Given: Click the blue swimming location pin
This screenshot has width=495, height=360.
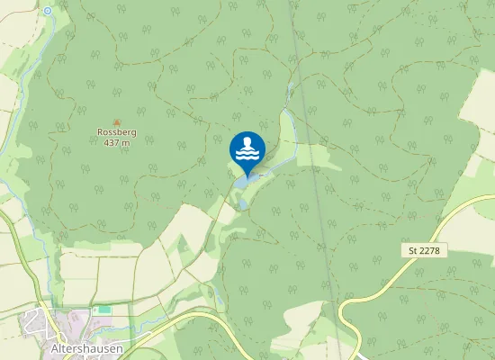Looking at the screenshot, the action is [247, 151].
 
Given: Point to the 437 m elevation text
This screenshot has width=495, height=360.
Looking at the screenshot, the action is [116, 142].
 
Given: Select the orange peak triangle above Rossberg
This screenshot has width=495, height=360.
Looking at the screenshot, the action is [116, 121].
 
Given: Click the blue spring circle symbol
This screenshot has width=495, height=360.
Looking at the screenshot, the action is [48, 11].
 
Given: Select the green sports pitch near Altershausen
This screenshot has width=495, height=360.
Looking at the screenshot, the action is [103, 310].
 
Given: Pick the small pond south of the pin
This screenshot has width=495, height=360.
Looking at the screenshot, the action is [242, 204].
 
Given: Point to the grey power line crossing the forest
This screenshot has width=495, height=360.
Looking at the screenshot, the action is [310, 135].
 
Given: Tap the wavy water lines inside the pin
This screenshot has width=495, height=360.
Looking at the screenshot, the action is [247, 156].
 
